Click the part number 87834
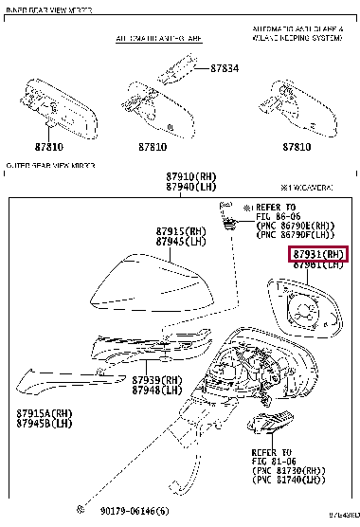pos(225,69)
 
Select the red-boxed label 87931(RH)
pos(318,254)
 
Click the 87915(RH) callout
pos(181,232)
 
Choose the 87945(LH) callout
pos(181,243)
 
